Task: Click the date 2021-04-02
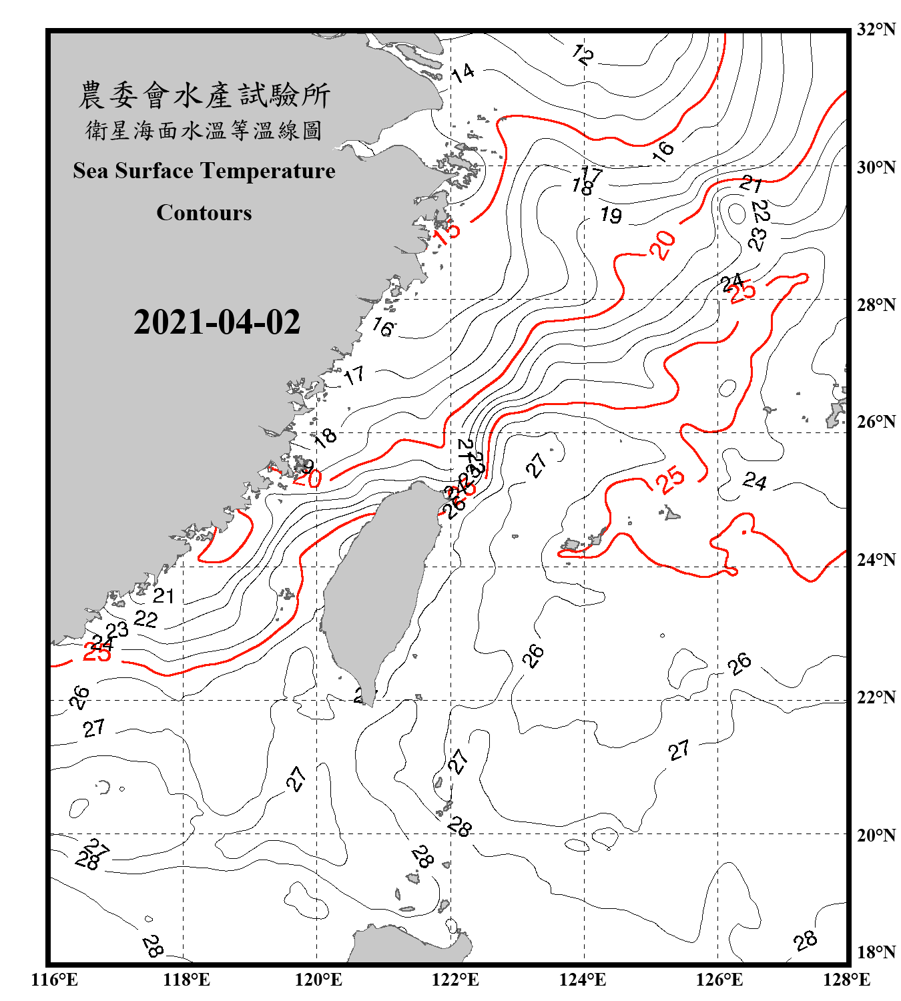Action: click(x=217, y=322)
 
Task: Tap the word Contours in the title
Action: click(x=204, y=213)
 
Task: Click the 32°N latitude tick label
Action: click(x=876, y=29)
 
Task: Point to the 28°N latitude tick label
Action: click(x=876, y=305)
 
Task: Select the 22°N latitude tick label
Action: click(x=876, y=697)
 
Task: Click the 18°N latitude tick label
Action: click(x=876, y=952)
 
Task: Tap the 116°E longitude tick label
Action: click(x=55, y=980)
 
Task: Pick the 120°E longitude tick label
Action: click(x=318, y=980)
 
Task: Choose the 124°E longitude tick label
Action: click(x=583, y=980)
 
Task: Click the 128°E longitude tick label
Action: click(x=846, y=980)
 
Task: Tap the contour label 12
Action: click(x=583, y=54)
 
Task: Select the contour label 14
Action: click(x=463, y=72)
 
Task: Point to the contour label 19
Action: click(x=611, y=215)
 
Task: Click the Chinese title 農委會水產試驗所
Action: click(x=204, y=95)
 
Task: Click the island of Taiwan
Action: click(x=377, y=587)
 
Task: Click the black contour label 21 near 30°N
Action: click(x=751, y=183)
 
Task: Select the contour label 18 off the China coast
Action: click(x=325, y=438)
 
